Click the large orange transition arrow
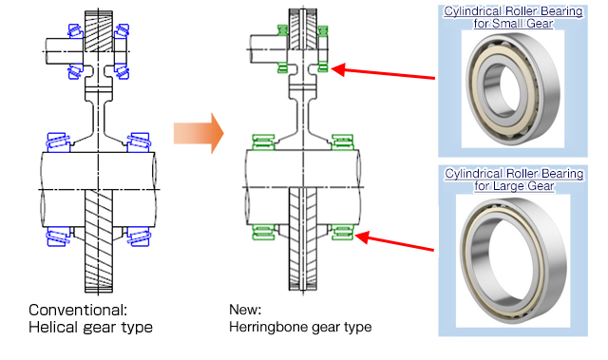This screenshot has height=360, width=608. tap(199, 133)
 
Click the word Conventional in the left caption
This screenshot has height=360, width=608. tap(78, 310)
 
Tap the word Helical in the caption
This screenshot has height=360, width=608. tap(53, 328)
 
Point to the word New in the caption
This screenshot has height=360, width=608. tap(245, 310)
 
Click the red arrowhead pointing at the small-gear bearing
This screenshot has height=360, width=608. tap(338, 70)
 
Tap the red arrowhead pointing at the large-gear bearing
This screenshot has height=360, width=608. tap(362, 237)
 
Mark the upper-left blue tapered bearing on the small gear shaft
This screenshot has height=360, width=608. tap(75, 31)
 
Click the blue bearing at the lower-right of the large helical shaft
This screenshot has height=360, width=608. tap(138, 237)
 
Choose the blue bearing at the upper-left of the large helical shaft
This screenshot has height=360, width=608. tap(59, 142)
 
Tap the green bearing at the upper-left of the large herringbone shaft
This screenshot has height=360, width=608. tap(263, 142)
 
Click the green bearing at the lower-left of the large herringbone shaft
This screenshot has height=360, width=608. tap(263, 232)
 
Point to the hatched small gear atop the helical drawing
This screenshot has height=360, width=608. tap(99, 31)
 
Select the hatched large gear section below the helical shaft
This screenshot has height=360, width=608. tap(99, 240)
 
